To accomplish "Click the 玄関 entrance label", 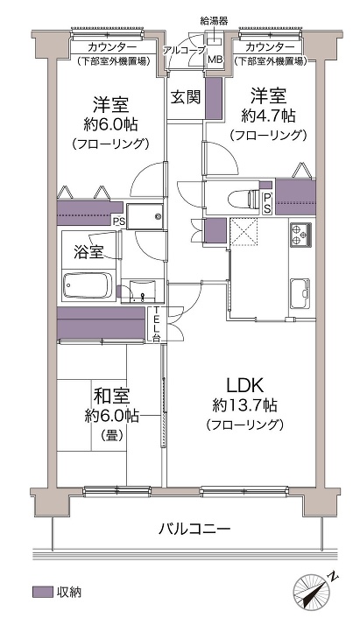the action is point(186,97).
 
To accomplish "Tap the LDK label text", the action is point(244,385).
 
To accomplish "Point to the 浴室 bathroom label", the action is point(88,252).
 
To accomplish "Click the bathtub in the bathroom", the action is point(88,285).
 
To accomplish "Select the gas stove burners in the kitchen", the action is point(300,235).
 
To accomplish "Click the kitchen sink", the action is point(300,293).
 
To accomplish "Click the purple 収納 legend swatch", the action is point(43,592).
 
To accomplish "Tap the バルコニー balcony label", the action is point(194,530).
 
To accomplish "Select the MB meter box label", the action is point(215,60).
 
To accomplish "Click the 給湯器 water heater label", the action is point(215,21).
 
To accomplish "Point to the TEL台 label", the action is point(157,325).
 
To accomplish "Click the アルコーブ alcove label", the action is point(184,50).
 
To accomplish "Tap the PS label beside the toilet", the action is point(267,203).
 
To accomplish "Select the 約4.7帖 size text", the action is point(268,116).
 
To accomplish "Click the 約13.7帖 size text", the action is point(244,406).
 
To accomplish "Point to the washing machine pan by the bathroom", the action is point(145,216).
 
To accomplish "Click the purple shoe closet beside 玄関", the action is point(214,98).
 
